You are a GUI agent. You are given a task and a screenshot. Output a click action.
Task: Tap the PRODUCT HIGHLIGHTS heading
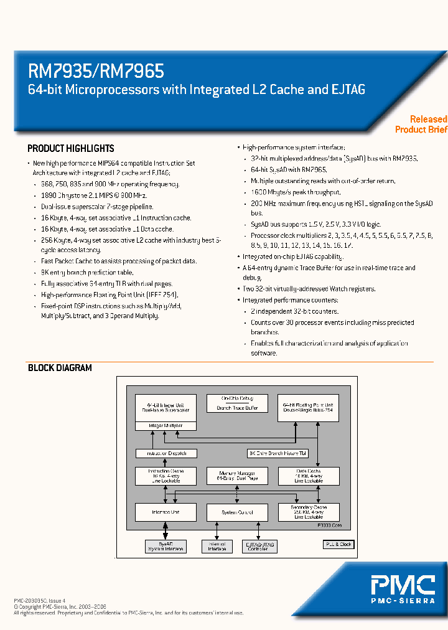click(x=71, y=149)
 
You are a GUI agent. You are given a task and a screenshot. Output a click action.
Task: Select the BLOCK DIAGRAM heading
click(x=60, y=368)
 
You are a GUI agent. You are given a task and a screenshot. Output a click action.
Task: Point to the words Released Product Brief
click(x=421, y=124)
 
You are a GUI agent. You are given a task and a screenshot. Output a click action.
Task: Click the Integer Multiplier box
click(x=166, y=426)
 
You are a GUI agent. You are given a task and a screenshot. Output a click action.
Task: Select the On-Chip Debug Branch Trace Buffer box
click(x=237, y=403)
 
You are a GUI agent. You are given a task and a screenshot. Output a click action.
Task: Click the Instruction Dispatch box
click(x=166, y=453)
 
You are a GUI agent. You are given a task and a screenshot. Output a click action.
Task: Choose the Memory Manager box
click(x=237, y=476)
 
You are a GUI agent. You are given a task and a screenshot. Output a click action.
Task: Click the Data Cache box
click(x=308, y=476)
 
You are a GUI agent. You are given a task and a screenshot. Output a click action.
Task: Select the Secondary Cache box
click(x=308, y=512)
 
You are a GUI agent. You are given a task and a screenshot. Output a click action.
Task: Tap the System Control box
click(x=237, y=512)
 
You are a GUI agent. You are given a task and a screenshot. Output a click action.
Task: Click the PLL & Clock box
click(x=339, y=544)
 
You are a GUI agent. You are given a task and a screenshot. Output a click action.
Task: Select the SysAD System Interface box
click(x=166, y=547)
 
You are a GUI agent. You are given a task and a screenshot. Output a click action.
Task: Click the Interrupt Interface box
click(x=217, y=547)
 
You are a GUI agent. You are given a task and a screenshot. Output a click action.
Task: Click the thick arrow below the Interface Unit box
click(x=166, y=530)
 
